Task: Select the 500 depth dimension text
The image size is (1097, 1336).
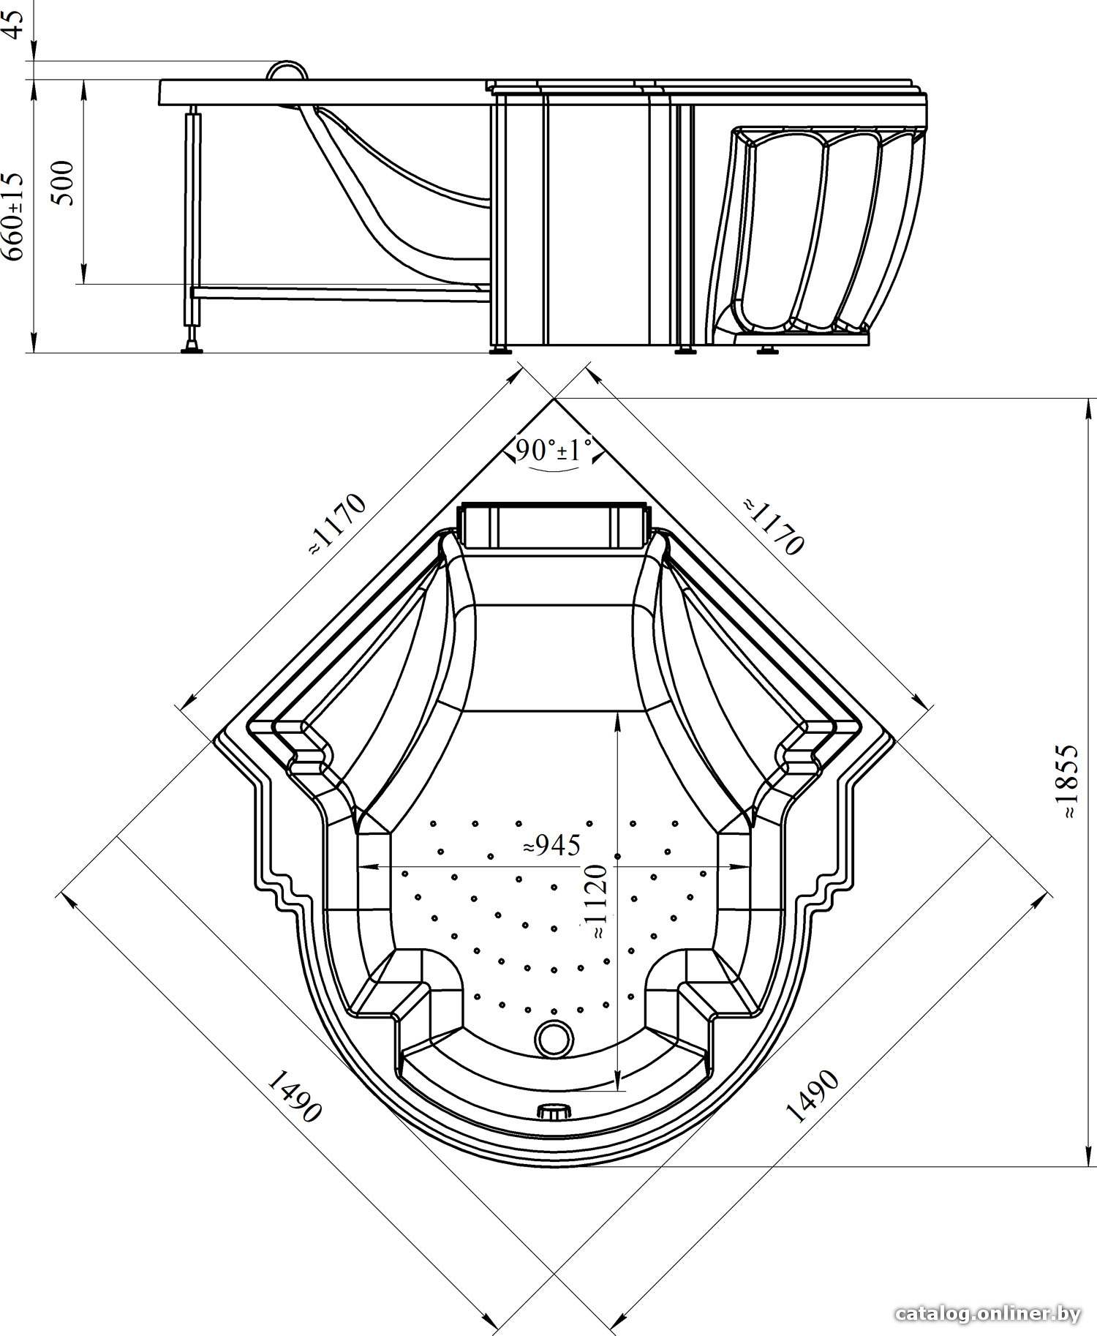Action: (x=64, y=183)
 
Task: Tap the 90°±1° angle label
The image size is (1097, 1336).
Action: (x=554, y=449)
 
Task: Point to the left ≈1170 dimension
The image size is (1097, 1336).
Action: (x=336, y=525)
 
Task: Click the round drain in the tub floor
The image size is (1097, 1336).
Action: (x=554, y=1037)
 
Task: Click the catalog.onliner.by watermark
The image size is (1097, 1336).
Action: (x=987, y=1314)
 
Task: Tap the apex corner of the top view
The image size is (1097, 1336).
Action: (x=554, y=399)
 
